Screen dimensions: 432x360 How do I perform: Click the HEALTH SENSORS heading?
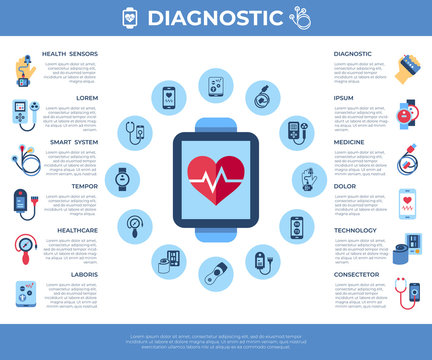point(70,54)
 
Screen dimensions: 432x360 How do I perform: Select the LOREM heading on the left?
point(87,98)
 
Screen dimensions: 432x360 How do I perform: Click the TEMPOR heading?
point(84,186)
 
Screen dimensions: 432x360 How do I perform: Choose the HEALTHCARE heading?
point(77,230)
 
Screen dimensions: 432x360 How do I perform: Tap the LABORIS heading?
point(83,273)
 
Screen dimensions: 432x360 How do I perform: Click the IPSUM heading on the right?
point(344,98)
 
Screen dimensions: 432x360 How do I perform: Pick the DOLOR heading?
point(345,186)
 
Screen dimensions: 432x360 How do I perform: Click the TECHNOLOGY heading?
point(355,230)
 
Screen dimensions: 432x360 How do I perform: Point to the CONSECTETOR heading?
point(357,273)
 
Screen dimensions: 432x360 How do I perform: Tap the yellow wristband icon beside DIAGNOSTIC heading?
point(406,69)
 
